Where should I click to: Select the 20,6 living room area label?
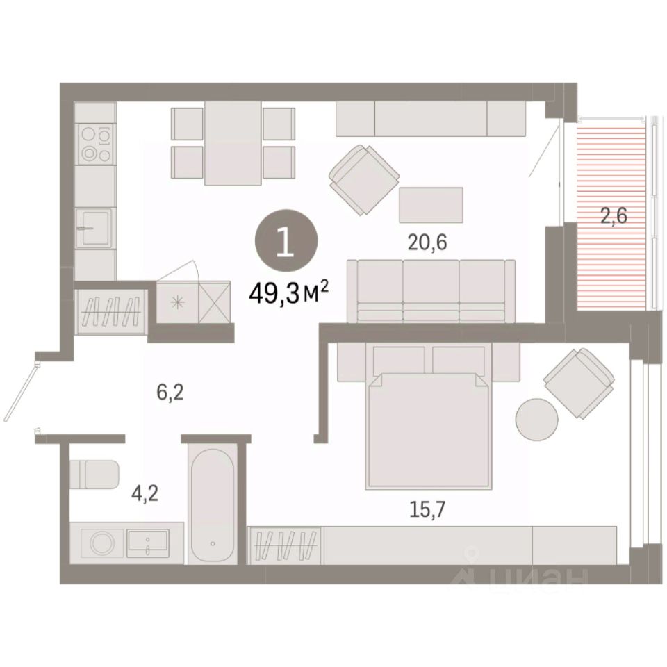click(x=427, y=243)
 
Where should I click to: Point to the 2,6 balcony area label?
click(x=614, y=217)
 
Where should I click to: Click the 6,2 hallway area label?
click(x=170, y=392)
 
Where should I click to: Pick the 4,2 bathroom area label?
click(x=145, y=494)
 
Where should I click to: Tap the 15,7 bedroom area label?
click(x=427, y=509)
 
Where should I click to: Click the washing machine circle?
click(x=102, y=543)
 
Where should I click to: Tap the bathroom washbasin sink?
click(x=147, y=543)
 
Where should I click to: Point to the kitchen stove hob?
click(x=96, y=145)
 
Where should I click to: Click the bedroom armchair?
click(x=579, y=383)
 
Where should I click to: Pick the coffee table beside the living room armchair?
click(x=431, y=204)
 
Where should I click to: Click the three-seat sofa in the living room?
click(x=431, y=291)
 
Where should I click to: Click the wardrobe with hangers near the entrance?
click(x=112, y=306)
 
